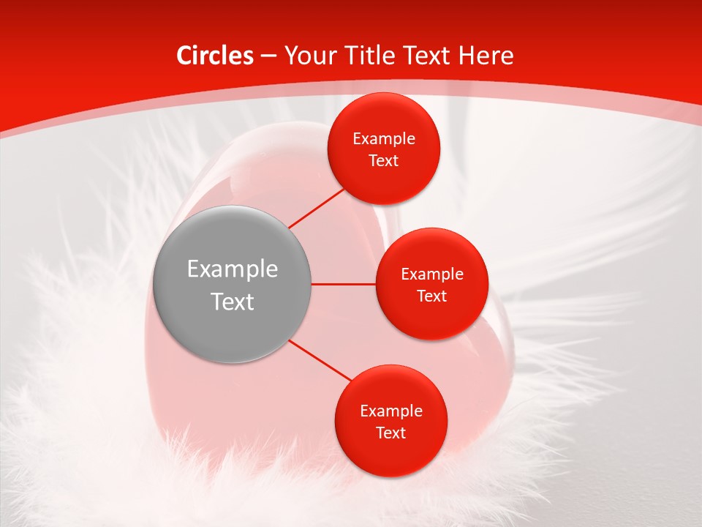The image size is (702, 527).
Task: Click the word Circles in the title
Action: tap(215, 56)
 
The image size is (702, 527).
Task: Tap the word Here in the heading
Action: tap(486, 56)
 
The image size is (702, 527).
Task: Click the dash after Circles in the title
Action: tap(268, 56)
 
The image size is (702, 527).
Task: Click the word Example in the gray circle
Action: tap(233, 269)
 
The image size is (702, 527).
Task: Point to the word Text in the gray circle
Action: tap(233, 302)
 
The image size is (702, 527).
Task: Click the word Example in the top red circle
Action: tap(384, 139)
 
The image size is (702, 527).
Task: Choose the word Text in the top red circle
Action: tap(384, 160)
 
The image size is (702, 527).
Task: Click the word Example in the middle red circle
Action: tap(432, 274)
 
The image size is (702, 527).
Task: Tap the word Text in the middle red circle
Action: tap(432, 296)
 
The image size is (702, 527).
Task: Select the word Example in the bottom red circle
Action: tap(391, 411)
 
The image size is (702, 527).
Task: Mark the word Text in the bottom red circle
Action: tap(391, 433)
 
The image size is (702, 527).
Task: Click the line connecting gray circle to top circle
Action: tap(316, 208)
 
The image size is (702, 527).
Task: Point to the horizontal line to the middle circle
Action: tap(344, 284)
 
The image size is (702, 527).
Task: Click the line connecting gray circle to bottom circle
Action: tap(320, 361)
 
